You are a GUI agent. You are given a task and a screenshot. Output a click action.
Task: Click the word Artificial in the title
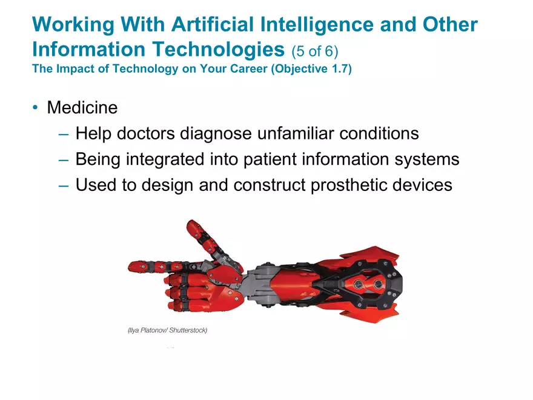[x=213, y=24]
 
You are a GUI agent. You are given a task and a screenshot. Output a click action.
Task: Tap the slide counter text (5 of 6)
[x=315, y=51]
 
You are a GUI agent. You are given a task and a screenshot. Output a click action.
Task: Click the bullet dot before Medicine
[x=35, y=107]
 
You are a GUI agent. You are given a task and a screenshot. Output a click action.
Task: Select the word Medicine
[x=82, y=107]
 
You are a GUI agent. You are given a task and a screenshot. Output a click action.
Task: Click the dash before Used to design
[x=64, y=185]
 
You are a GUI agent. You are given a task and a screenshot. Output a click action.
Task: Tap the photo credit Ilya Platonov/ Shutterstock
[x=168, y=330]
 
